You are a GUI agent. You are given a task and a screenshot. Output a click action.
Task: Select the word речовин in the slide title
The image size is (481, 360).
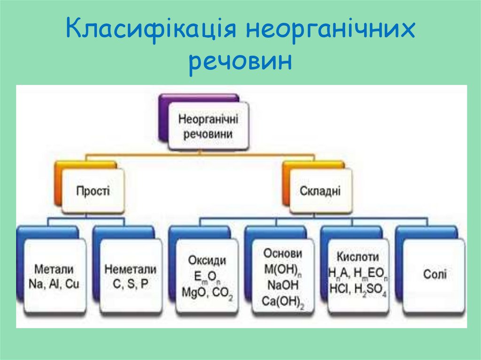pyautogui.click(x=240, y=62)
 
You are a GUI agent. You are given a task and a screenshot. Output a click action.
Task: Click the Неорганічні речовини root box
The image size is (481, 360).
pyautogui.click(x=208, y=126)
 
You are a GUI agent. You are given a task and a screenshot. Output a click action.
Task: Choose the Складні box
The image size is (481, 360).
pyautogui.click(x=320, y=191)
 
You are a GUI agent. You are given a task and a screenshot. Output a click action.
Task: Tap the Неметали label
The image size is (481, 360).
pyautogui.click(x=131, y=269)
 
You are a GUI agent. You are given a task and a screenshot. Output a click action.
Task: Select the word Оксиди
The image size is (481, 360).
pyautogui.click(x=207, y=260)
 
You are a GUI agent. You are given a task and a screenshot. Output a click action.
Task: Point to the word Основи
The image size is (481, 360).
pyautogui.click(x=283, y=253)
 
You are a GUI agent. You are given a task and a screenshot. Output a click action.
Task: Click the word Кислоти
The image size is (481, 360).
pyautogui.click(x=358, y=257)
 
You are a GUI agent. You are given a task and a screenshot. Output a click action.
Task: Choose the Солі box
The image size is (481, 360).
pyautogui.click(x=435, y=274)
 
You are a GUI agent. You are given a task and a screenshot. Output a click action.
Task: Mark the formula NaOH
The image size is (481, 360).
pyautogui.click(x=283, y=284)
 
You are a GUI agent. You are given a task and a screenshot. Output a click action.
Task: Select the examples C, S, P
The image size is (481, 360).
pyautogui.click(x=131, y=284)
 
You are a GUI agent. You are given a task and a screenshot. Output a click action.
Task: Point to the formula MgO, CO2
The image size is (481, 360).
pyautogui.click(x=207, y=292)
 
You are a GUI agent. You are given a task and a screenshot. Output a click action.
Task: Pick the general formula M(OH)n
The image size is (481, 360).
pyautogui.click(x=283, y=269)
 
